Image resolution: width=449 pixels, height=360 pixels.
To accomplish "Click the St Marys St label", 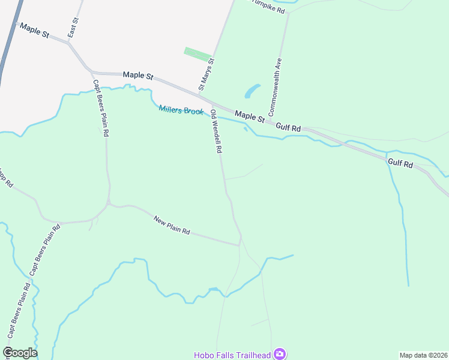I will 206,73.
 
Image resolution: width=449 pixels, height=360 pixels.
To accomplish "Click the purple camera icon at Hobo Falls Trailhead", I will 279,354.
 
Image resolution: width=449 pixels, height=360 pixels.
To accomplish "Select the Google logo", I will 20,353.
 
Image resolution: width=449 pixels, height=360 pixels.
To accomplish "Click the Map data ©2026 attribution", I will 423,355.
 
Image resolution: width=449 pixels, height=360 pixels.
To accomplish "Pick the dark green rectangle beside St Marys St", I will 197,54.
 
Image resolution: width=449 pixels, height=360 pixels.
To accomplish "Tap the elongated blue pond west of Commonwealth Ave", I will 252,91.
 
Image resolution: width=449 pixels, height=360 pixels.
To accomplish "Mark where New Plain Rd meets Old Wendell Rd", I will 240,245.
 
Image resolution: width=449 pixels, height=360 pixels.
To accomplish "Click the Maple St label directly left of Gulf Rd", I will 250,115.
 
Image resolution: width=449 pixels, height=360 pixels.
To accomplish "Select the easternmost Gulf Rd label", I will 400,163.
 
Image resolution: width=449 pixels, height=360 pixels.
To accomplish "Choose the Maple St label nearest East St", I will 34,31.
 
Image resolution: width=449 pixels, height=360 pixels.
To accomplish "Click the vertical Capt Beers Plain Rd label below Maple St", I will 100,109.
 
